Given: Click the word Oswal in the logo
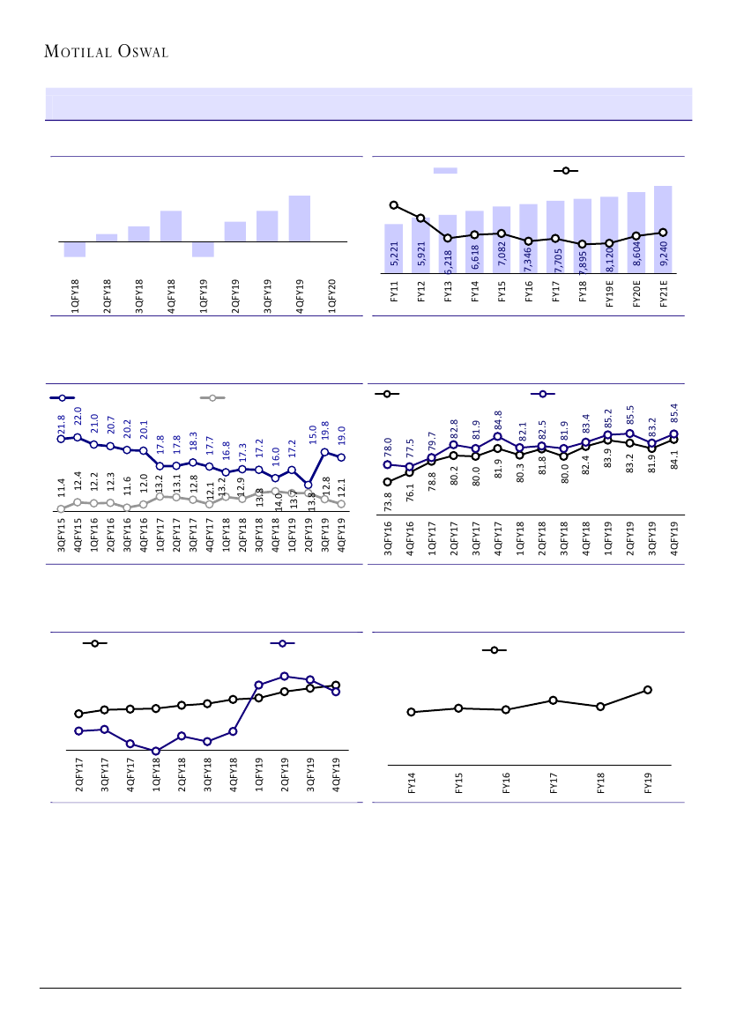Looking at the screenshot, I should tap(139, 52).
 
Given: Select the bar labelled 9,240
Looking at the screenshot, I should tap(663, 229).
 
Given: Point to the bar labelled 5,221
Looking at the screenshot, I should tap(393, 248).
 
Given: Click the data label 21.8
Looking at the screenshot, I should tap(62, 423).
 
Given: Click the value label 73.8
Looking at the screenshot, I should tap(388, 501).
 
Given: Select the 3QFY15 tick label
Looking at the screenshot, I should tap(62, 537).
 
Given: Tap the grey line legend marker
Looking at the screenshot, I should tap(212, 397).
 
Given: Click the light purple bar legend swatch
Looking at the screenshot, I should tap(444, 170).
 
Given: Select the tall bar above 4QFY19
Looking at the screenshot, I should tap(299, 218).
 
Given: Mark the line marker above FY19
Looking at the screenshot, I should tap(648, 690).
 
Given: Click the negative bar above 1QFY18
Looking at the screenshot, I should tap(75, 249).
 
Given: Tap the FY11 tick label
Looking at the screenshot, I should tap(393, 292).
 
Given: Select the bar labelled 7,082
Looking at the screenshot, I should tap(502, 240).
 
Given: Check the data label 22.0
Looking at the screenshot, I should tap(78, 418).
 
